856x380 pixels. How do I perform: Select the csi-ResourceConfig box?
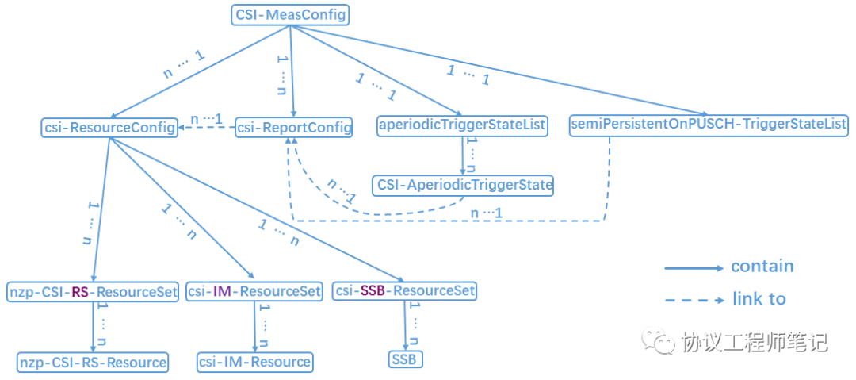[x=109, y=127]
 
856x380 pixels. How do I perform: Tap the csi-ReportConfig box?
[x=294, y=127]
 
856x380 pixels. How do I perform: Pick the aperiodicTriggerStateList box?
[x=463, y=125]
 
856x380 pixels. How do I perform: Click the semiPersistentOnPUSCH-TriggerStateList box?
[x=709, y=125]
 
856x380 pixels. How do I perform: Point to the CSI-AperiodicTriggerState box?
[x=464, y=186]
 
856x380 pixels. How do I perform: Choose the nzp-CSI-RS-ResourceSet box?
[x=94, y=291]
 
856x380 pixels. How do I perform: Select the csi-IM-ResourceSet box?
[x=254, y=291]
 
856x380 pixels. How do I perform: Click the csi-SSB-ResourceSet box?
[x=404, y=290]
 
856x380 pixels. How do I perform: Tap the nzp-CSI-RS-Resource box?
[x=94, y=363]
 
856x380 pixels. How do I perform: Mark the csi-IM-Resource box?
[x=254, y=363]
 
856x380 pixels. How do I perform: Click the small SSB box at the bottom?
[x=406, y=359]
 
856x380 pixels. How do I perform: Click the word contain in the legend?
[x=762, y=267]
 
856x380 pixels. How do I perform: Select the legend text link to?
[x=759, y=299]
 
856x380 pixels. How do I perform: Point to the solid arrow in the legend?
[x=694, y=268]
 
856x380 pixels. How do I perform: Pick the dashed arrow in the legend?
[x=694, y=300]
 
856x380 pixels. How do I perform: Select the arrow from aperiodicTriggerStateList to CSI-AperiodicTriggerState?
[x=463, y=155]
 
